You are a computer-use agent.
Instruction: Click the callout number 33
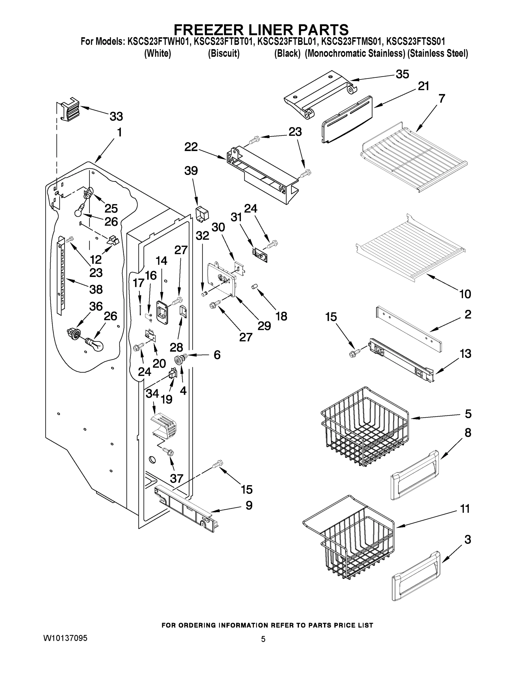116,117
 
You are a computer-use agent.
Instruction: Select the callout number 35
402,74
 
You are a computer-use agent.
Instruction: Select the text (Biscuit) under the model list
224,53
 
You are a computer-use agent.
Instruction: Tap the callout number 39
191,171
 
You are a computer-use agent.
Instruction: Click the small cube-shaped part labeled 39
202,214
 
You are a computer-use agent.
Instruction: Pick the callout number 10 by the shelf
465,294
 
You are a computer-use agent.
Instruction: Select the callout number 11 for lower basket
465,509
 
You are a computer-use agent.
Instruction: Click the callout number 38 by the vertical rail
96,289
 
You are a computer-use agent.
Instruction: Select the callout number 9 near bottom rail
249,505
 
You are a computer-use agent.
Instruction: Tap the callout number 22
191,147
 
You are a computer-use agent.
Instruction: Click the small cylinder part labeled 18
255,286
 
